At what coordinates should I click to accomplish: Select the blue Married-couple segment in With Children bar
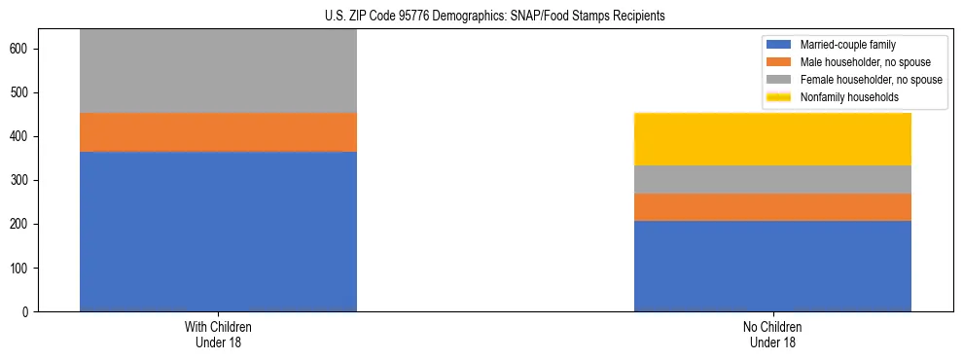(218, 232)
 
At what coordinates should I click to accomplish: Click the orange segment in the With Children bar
(218, 132)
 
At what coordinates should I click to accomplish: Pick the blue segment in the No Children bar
(772, 266)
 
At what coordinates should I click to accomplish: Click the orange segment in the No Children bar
(772, 207)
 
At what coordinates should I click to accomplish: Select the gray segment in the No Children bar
(772, 180)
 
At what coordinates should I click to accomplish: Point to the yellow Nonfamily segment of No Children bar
(772, 139)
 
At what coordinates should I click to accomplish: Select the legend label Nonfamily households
(849, 97)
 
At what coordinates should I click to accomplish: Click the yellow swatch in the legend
(779, 97)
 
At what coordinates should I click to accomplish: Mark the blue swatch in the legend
(779, 45)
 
